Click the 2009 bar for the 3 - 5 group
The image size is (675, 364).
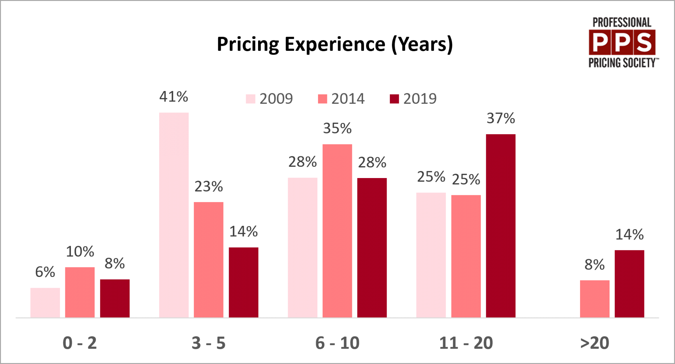click(x=174, y=215)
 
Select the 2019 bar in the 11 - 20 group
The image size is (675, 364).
click(x=501, y=226)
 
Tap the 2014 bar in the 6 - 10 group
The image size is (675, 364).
click(x=337, y=230)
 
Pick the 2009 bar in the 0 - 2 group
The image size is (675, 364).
click(x=45, y=302)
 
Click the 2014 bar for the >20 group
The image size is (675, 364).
click(x=595, y=299)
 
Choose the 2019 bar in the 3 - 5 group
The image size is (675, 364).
click(x=243, y=282)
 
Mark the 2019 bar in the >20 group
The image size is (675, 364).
click(x=629, y=284)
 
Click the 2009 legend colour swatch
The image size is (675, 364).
click(x=250, y=99)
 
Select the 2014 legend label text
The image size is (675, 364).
click(x=348, y=99)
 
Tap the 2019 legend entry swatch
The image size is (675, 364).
click(x=394, y=99)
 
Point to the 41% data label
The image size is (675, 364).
click(x=173, y=97)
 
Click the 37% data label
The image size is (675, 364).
click(x=501, y=118)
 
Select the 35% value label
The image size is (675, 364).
click(x=337, y=129)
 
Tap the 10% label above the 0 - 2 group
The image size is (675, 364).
click(x=80, y=252)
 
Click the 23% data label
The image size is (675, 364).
click(x=208, y=187)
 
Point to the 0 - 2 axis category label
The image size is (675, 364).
click(x=80, y=343)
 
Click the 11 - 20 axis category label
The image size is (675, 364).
click(x=466, y=343)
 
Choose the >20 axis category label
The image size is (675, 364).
click(x=595, y=343)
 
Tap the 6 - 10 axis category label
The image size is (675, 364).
click(x=337, y=343)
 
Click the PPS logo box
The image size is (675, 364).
click(x=622, y=42)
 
